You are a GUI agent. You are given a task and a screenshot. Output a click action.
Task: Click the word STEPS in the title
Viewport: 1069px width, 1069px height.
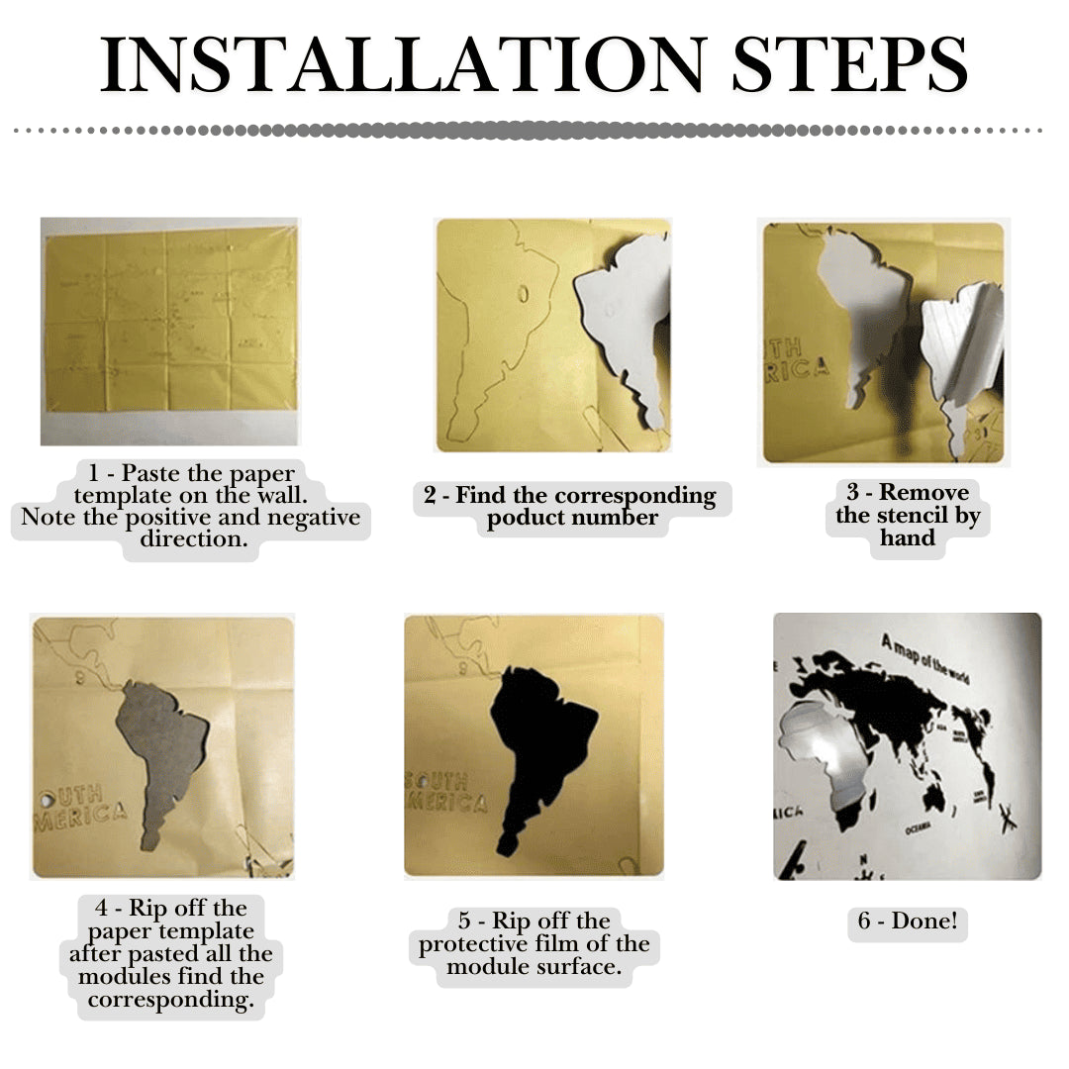849,65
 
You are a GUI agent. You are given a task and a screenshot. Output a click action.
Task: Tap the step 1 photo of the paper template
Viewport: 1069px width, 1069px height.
169,331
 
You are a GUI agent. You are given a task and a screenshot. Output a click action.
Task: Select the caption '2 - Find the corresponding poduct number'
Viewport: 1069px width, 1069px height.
572,506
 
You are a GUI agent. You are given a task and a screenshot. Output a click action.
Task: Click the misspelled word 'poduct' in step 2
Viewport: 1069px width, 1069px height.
522,518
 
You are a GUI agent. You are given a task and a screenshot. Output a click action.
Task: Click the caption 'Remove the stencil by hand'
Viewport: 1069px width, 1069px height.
908,515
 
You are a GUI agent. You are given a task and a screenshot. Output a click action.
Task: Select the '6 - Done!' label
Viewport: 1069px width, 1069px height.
908,922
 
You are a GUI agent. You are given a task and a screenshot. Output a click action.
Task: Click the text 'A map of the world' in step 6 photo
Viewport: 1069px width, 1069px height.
924,659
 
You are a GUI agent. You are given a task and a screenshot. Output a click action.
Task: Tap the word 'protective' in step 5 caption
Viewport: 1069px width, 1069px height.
476,944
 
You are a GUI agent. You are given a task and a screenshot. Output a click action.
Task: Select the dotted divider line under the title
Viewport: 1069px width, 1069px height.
534,130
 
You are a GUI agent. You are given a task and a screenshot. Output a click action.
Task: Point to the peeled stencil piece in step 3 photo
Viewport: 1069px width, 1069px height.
960,366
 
